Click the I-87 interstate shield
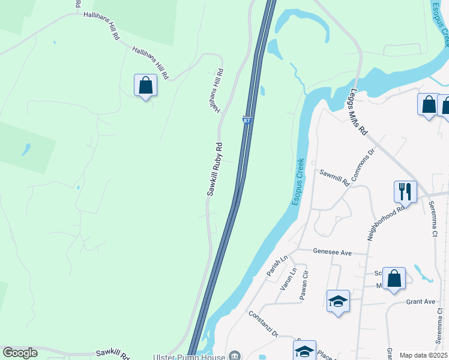247,121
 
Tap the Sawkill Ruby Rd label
215,169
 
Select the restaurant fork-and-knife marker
405,192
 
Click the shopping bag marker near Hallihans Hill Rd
145,85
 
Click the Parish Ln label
277,265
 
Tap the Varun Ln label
287,279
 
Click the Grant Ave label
420,301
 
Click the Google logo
20,353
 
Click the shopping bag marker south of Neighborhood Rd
394,278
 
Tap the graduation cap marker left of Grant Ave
338,301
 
